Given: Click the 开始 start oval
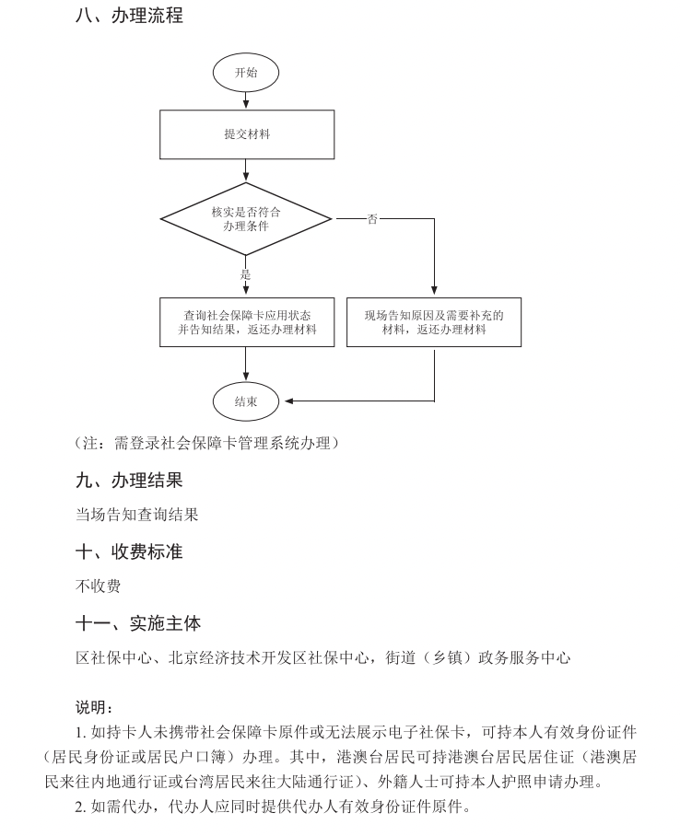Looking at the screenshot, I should point(246,72).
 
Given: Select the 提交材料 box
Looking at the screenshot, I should point(246,134).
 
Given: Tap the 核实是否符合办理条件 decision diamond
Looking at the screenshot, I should point(246,218).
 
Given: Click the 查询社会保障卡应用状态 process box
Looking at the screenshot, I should point(246,321).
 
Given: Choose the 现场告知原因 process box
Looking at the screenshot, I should point(434,321).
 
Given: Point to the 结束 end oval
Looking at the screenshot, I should point(246,401).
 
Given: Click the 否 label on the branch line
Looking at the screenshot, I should point(372,219).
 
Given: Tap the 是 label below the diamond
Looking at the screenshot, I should point(246,273).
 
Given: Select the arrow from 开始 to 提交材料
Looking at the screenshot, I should point(246,100).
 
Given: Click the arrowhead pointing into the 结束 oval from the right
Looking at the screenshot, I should point(288,401).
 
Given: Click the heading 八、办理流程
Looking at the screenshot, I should point(129,16).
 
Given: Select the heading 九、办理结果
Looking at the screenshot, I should point(129,480).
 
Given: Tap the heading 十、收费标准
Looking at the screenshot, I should point(129,552).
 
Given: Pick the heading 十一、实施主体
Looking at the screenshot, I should point(138,623).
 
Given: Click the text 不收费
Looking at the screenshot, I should point(98,586).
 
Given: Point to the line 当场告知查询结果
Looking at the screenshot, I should point(136,515).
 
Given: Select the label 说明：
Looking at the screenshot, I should point(94,707).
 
